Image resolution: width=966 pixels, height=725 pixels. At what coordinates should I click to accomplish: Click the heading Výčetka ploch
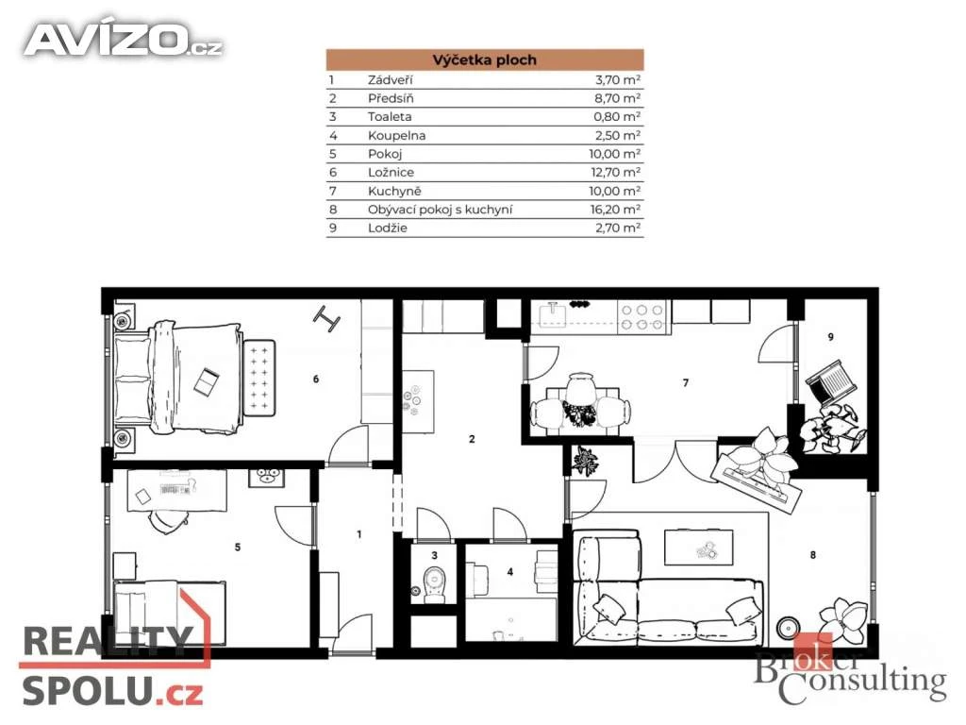(484, 59)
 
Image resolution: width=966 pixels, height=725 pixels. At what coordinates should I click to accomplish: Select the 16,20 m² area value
(615, 209)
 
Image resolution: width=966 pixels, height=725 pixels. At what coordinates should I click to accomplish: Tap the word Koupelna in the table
(397, 136)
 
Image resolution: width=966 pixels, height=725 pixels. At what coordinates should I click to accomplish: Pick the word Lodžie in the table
(388, 228)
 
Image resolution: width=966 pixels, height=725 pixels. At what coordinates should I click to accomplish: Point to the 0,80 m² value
(617, 116)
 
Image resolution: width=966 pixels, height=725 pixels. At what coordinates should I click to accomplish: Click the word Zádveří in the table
(391, 79)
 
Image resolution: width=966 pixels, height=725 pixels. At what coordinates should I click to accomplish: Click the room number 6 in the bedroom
(316, 379)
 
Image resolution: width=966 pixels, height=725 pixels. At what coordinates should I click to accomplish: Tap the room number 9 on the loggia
(831, 337)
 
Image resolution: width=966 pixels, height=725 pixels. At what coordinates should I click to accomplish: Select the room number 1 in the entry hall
(359, 534)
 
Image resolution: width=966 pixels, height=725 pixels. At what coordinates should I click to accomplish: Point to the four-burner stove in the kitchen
(642, 317)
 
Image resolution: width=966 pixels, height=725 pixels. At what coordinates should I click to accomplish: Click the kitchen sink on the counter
(552, 315)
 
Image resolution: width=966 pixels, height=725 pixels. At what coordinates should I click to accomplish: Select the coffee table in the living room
(699, 548)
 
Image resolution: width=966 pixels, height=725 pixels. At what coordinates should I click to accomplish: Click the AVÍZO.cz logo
(124, 40)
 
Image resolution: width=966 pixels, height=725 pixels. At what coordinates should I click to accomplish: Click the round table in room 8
(787, 628)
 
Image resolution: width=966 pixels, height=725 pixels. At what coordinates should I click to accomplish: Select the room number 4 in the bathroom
(510, 572)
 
